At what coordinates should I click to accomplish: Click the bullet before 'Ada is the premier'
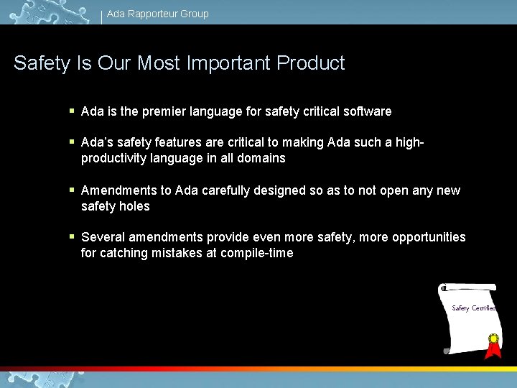(72, 111)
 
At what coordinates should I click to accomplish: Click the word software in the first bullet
(367, 111)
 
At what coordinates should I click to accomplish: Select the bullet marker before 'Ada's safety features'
(72, 142)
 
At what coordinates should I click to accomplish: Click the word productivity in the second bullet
(116, 158)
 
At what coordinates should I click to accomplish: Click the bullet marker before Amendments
(72, 190)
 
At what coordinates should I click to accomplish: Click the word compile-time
(258, 253)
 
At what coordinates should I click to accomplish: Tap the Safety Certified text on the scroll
(473, 308)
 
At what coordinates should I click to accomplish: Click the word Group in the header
(195, 14)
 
